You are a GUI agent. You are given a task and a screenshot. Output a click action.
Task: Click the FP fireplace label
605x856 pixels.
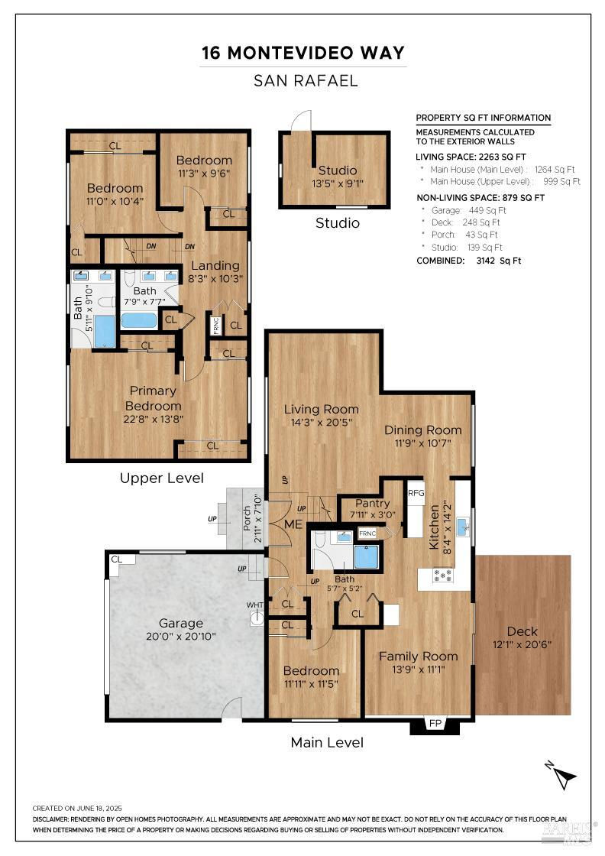(435, 723)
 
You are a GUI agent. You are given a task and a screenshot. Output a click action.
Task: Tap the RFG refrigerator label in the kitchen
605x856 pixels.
(416, 492)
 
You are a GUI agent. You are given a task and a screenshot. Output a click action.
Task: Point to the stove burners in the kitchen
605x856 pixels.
(442, 575)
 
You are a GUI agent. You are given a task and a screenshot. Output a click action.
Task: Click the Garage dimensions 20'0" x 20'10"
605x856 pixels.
(180, 636)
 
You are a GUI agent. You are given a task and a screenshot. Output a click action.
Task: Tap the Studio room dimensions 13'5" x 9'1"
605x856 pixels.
(338, 183)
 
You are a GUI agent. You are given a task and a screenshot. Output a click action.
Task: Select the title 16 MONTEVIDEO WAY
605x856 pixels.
(303, 53)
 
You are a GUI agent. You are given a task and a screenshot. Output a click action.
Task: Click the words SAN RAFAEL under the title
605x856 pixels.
(306, 81)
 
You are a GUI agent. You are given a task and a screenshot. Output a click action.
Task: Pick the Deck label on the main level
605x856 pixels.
(522, 631)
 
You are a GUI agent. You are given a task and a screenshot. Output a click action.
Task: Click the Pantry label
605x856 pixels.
(373, 504)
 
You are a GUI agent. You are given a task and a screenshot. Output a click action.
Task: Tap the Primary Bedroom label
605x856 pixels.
(153, 398)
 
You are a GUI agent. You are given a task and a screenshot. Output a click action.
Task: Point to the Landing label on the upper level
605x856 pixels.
(215, 266)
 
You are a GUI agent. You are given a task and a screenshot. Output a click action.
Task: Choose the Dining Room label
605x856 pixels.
(422, 430)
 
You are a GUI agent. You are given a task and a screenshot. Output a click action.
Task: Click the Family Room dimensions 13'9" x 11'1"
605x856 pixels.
(419, 670)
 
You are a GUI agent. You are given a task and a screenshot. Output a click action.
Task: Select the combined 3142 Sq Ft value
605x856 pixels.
(499, 261)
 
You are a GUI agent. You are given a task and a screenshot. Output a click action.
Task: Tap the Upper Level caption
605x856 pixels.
(161, 478)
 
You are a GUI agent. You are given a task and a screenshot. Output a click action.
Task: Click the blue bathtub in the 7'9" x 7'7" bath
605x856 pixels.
(138, 320)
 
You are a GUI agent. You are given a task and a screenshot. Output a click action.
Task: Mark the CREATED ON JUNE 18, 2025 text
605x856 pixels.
(77, 809)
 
